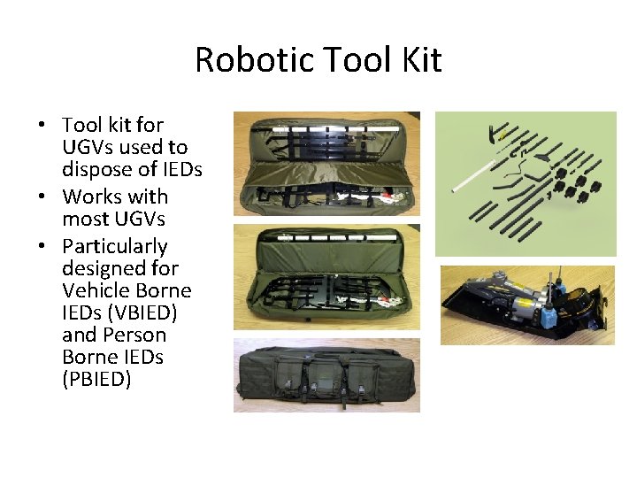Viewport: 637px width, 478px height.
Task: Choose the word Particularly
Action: [114, 246]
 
